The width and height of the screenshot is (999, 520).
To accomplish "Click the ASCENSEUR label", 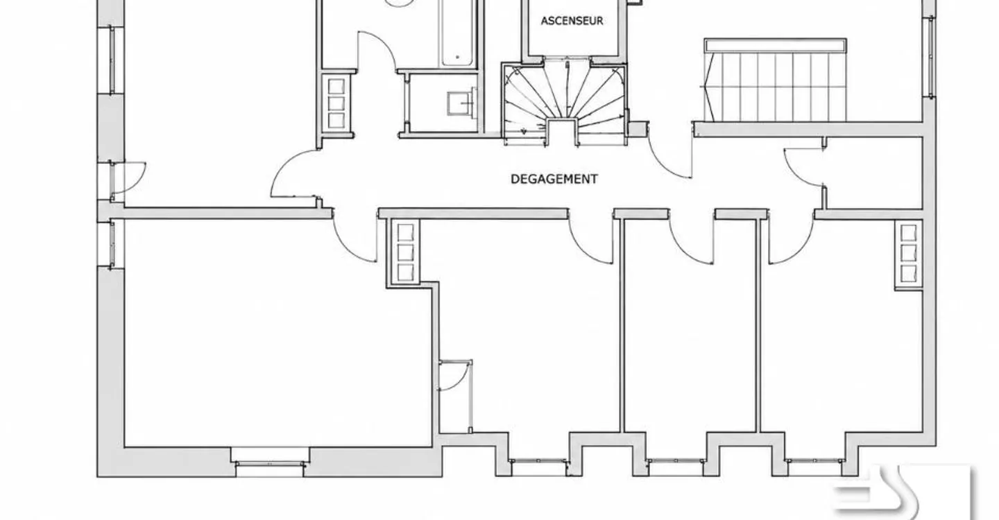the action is pyautogui.click(x=572, y=21).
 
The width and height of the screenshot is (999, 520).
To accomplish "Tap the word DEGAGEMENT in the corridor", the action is pyautogui.click(x=554, y=179).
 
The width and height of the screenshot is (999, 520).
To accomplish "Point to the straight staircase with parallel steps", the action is pyautogui.click(x=775, y=80).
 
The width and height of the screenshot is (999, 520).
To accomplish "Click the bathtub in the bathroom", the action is pyautogui.click(x=457, y=33).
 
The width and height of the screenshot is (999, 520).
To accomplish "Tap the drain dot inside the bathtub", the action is pyautogui.click(x=457, y=57).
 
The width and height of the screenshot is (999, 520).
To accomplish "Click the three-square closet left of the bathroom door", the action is pyautogui.click(x=336, y=103).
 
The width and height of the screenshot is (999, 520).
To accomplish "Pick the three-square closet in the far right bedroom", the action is pyautogui.click(x=909, y=254).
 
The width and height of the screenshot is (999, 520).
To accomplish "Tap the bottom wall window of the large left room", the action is pyautogui.click(x=270, y=463).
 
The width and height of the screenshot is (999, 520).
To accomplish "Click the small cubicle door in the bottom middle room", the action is pyautogui.click(x=456, y=375).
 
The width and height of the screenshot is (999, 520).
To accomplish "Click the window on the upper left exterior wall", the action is pyautogui.click(x=112, y=60).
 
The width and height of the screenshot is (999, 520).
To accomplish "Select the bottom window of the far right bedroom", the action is pyautogui.click(x=814, y=460).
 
